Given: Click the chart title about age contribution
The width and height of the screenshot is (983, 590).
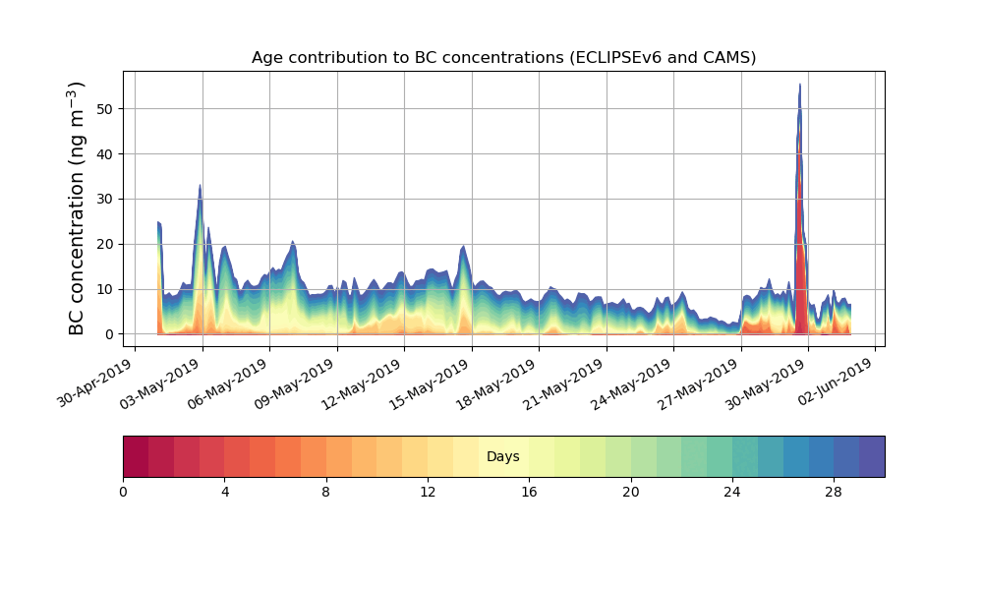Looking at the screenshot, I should click(503, 57).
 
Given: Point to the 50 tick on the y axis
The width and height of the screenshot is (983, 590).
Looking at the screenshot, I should click(103, 108).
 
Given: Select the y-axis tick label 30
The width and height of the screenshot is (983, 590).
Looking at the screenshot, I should click(103, 199).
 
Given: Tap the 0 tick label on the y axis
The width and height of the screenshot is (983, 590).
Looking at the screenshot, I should click(107, 334).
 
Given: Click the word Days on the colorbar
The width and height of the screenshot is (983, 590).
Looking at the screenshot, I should click(503, 456).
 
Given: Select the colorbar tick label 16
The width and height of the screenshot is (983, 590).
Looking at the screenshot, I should click(529, 492).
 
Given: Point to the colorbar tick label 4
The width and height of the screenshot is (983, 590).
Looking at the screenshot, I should click(224, 492).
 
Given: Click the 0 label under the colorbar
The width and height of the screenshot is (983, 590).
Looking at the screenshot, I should click(123, 492).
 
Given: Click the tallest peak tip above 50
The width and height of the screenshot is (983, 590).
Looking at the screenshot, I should click(800, 86).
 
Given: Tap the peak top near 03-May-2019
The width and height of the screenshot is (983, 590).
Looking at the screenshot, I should click(200, 186).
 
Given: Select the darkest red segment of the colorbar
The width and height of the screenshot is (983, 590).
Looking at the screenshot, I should click(136, 456).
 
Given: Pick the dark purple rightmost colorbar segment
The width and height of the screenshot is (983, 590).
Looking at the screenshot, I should click(872, 456).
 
